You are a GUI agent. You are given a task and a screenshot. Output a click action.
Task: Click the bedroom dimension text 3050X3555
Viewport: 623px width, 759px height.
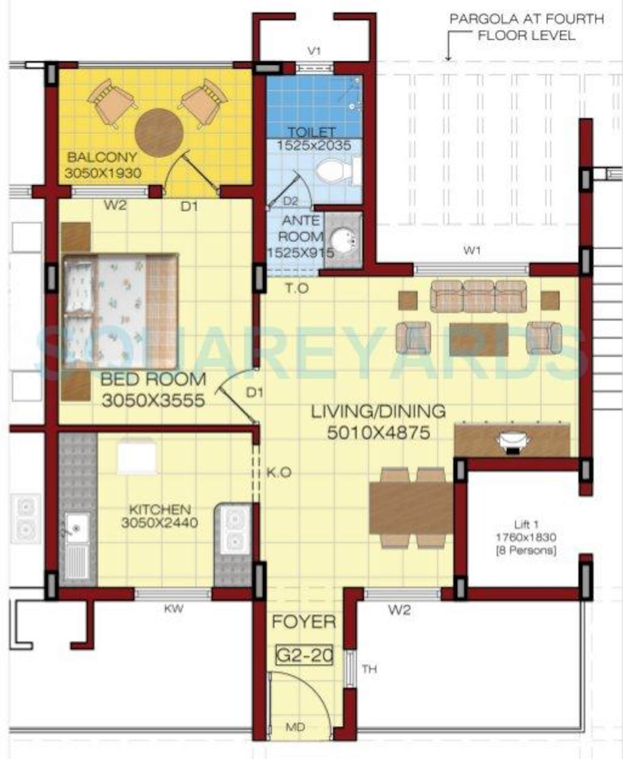pos(153,400)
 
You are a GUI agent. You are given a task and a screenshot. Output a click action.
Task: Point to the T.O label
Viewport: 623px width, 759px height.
pos(297,288)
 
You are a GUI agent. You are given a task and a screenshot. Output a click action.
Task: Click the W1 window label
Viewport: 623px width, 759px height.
pos(472,250)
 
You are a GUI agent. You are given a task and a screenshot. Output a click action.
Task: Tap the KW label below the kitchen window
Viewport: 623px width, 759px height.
pos(174,609)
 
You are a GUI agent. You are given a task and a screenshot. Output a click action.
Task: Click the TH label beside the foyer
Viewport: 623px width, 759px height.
pos(369,669)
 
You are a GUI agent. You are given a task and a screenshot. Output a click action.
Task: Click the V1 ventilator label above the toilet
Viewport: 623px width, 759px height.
pos(314,51)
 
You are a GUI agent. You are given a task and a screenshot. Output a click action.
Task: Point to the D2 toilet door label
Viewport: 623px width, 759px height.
pos(290,201)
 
